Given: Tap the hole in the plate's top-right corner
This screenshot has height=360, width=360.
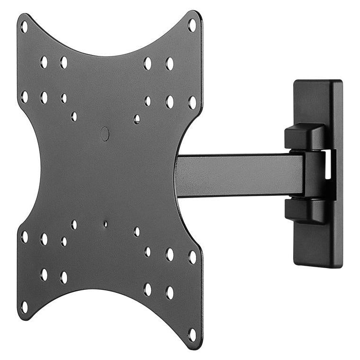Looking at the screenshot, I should click(x=192, y=25).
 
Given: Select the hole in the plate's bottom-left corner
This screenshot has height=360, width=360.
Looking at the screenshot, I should click(x=24, y=307).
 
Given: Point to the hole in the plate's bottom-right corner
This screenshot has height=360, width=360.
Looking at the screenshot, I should click(x=192, y=334).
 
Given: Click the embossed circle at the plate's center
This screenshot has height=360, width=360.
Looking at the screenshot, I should click(x=105, y=134).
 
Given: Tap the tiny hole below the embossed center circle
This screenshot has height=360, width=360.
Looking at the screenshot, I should click(x=105, y=224).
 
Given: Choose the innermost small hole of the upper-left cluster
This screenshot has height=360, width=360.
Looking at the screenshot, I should click(x=74, y=116).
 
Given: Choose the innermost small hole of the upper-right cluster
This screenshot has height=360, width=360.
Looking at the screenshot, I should click(x=137, y=118).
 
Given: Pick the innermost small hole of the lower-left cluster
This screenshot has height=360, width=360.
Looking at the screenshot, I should click(x=74, y=224).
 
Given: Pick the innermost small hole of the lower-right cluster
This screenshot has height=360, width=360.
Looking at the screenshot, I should click(x=137, y=232).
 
